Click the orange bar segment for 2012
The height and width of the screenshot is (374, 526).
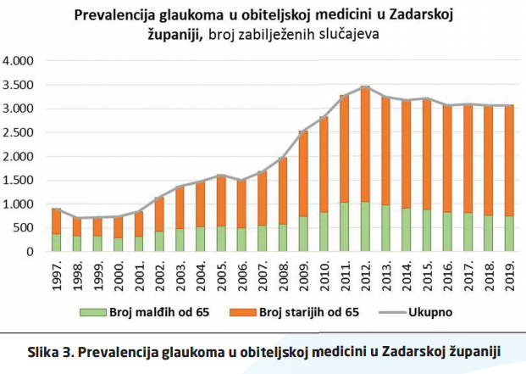(x=365, y=144)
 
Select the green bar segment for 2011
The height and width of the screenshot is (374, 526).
(x=344, y=226)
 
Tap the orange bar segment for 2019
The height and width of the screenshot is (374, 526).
(x=510, y=160)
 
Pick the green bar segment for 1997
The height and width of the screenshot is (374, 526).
(x=56, y=242)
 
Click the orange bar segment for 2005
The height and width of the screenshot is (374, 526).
(x=220, y=201)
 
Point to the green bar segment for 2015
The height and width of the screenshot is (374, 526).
(x=427, y=230)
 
